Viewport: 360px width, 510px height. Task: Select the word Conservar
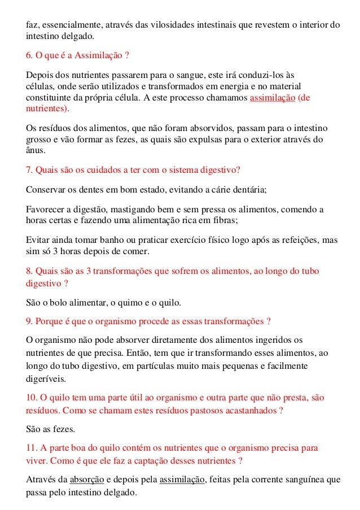[45, 189]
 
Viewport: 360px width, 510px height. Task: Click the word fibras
[226, 220]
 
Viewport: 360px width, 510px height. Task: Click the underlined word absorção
[86, 480]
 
